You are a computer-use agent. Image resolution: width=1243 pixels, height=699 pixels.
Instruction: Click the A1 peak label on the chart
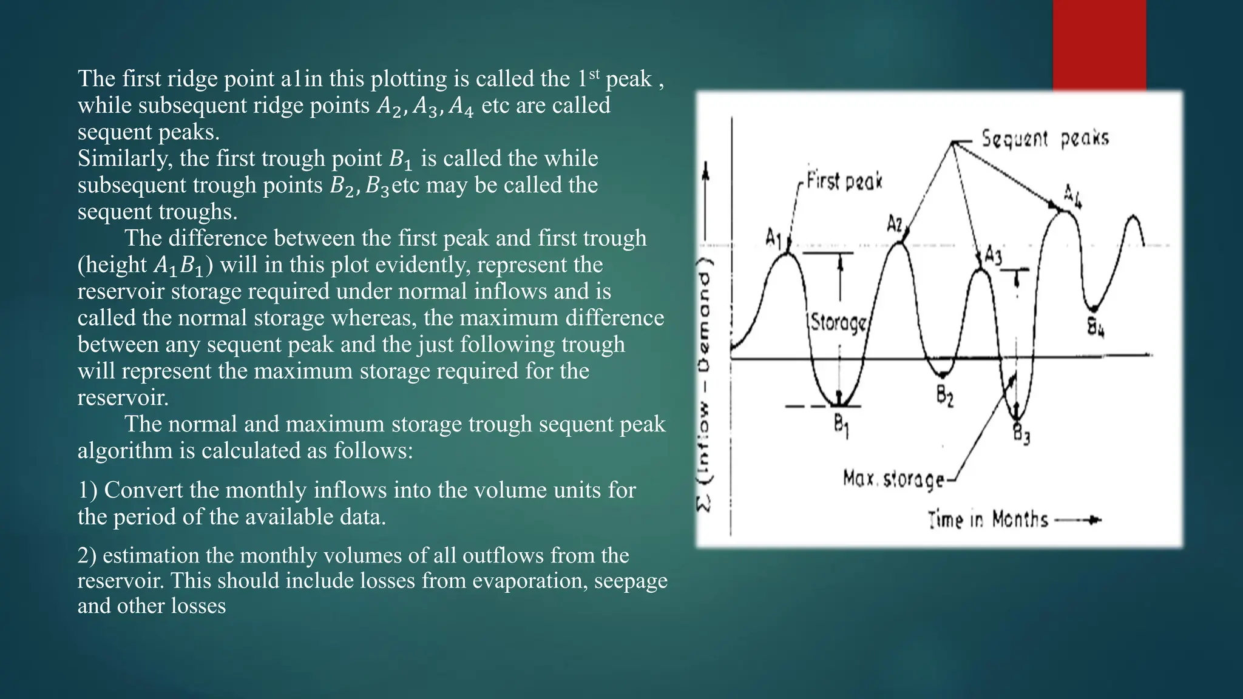point(773,237)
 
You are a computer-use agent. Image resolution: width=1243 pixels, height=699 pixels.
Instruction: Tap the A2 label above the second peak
point(895,224)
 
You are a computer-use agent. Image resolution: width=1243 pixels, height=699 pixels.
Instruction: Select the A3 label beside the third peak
point(993,255)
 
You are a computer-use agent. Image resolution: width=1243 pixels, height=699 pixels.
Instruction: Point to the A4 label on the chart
point(1072,196)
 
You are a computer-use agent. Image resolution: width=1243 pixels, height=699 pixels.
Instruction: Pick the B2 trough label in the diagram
point(944,397)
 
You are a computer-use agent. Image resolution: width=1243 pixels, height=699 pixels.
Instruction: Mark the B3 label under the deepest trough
point(1021,434)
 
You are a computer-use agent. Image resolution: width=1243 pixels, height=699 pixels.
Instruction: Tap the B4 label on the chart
point(1096,328)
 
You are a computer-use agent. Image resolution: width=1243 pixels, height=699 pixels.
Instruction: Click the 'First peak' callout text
point(844,181)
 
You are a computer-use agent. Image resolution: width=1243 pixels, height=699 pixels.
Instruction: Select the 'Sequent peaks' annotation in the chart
point(1045,139)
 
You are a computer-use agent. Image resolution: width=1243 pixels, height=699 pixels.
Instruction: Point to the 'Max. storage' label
point(893,479)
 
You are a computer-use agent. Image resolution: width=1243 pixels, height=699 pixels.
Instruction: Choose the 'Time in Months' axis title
point(988,520)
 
